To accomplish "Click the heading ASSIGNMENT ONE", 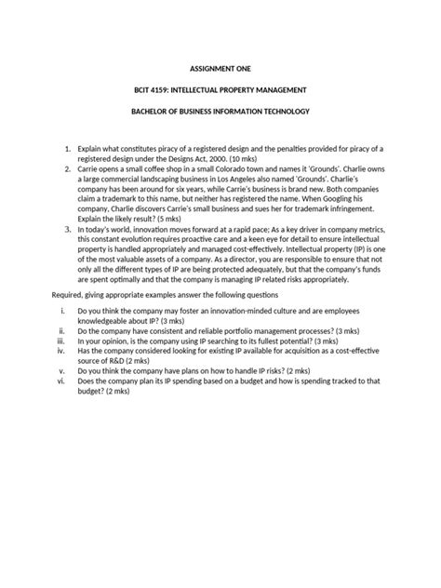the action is coord(220,68).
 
